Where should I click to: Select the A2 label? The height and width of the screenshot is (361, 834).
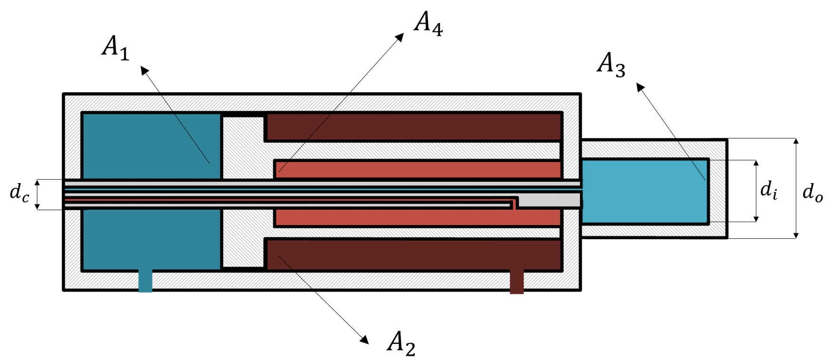401,343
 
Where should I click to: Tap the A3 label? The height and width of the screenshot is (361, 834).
611,65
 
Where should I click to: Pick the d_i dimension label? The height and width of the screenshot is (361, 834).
769,190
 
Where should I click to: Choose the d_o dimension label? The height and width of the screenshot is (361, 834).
812,193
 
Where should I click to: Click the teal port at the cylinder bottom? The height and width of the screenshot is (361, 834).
145,281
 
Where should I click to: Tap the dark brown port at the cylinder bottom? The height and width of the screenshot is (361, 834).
516,282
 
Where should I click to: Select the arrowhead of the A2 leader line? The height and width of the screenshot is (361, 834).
365,340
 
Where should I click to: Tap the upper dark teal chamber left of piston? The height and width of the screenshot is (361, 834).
151,145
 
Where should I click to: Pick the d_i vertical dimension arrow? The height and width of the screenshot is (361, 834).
756,191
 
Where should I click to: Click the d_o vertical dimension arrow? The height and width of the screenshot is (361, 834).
796,188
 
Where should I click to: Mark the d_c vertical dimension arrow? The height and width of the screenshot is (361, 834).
38,194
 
